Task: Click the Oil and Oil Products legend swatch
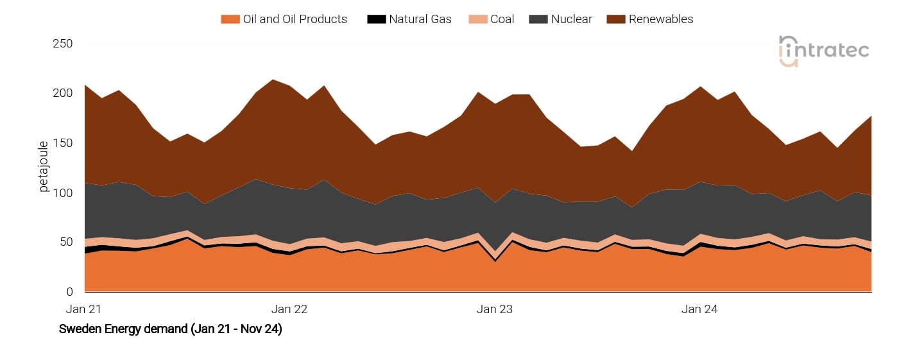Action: [x=230, y=19]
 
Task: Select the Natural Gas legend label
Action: [x=420, y=19]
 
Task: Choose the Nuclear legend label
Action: [x=571, y=19]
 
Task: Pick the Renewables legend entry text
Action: [x=661, y=19]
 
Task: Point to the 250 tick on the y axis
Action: [x=62, y=44]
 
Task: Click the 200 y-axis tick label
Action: [x=62, y=93]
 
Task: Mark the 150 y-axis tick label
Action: [x=62, y=142]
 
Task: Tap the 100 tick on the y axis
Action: [x=62, y=193]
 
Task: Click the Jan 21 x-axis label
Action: [x=84, y=309]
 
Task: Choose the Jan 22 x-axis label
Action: [x=289, y=309]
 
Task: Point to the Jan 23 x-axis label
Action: [x=495, y=309]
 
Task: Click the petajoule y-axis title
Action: [x=44, y=167]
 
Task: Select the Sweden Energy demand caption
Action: [x=170, y=329]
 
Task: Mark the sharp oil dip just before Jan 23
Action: [x=495, y=260]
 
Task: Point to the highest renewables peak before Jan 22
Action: [x=273, y=80]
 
